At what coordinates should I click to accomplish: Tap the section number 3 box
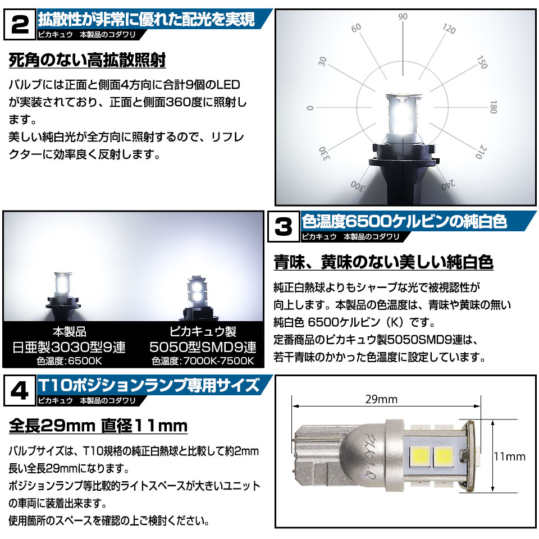(283, 227)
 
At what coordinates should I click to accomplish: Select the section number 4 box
(20, 391)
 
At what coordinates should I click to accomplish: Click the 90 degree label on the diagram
(403, 16)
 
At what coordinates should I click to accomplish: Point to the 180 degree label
(494, 107)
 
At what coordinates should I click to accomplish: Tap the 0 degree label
(310, 108)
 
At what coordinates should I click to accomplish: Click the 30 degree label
(322, 61)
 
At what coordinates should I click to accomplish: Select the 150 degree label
(482, 62)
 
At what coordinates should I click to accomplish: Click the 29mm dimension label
(381, 399)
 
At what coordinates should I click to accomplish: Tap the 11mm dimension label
(509, 456)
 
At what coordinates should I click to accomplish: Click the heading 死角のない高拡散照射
(88, 61)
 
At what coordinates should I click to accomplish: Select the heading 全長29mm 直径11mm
(98, 426)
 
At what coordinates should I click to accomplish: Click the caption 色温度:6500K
(70, 361)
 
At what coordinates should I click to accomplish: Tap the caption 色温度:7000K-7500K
(203, 361)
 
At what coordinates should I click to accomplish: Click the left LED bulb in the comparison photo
(63, 292)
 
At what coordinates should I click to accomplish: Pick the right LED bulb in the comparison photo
(197, 296)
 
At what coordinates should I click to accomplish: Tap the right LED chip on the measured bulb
(444, 456)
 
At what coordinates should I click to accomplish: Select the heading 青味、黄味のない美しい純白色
(383, 263)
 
